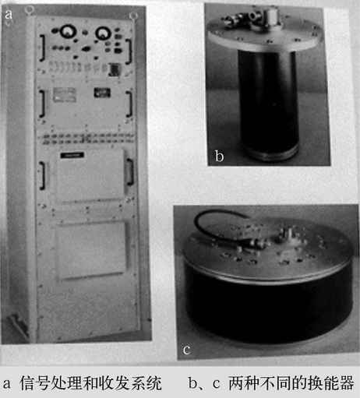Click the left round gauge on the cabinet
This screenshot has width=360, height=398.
tap(69, 32)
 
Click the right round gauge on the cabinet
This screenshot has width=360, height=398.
tap(104, 33)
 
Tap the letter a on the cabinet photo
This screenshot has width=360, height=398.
tap(9, 15)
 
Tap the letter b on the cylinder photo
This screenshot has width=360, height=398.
tap(219, 156)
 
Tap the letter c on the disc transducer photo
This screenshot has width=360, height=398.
tap(186, 350)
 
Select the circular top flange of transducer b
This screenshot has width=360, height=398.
tap(266, 35)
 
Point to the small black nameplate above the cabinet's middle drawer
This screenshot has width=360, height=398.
tap(72, 155)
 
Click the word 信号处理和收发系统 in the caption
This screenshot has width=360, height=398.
tap(90, 383)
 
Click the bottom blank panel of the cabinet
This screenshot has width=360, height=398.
tap(91, 250)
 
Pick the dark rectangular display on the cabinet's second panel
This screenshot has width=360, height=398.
tap(102, 93)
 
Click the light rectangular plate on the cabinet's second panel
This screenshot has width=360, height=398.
tap(65, 94)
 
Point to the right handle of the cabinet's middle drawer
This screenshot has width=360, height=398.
tap(130, 172)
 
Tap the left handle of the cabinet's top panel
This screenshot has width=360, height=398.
tap(42, 48)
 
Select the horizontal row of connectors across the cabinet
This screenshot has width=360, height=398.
tap(88, 139)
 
